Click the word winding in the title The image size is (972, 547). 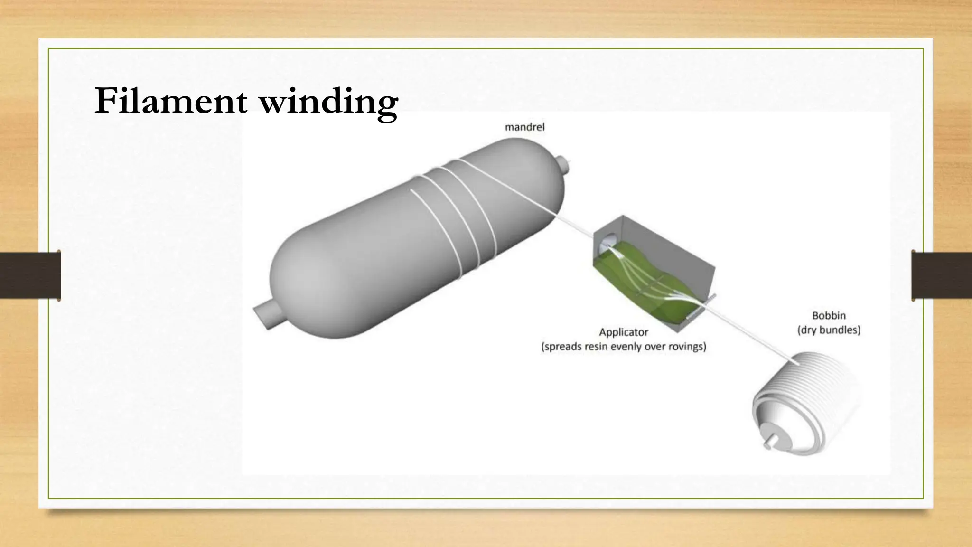point(329,102)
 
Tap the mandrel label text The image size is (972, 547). point(524,127)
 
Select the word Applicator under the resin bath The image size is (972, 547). point(623,332)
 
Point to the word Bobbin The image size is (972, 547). point(829,315)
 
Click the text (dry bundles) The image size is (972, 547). point(829,330)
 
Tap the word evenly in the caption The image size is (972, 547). point(628,347)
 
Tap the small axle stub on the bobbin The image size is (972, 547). point(767,446)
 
